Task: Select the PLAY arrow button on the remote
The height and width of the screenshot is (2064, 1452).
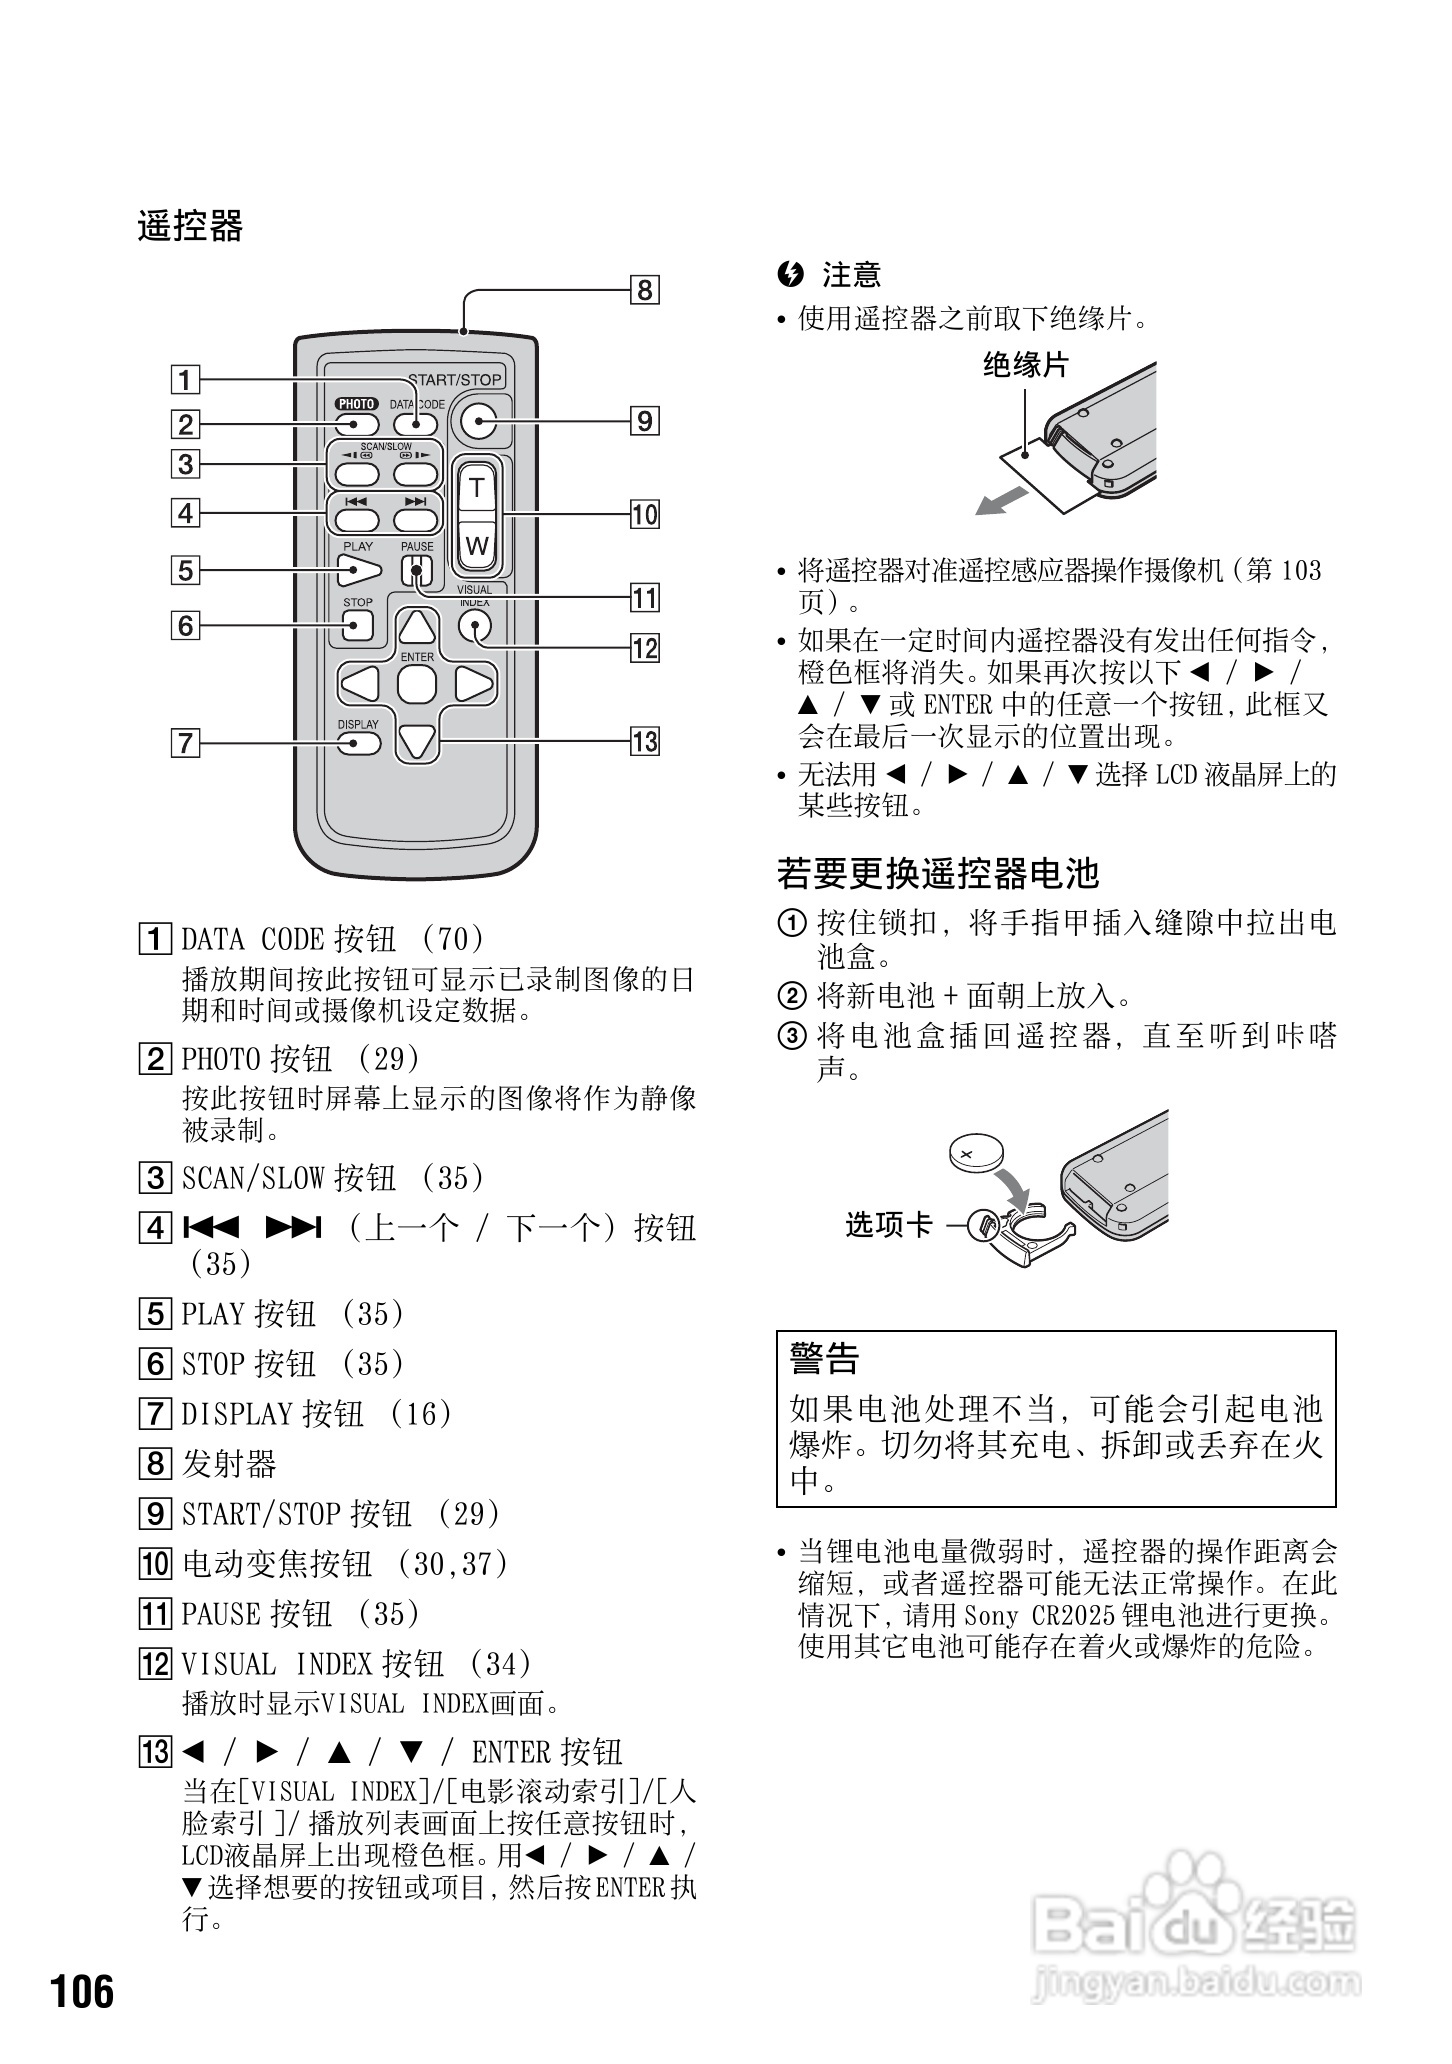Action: (358, 571)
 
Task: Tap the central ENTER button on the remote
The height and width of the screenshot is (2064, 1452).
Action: (417, 685)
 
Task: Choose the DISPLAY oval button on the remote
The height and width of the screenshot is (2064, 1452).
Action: (358, 743)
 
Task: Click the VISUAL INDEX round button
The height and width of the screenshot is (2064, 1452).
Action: (476, 626)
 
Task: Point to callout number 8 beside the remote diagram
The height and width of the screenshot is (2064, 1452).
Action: (645, 291)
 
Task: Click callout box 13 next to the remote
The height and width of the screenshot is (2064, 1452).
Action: (645, 742)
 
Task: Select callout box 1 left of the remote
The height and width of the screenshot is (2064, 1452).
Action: (185, 380)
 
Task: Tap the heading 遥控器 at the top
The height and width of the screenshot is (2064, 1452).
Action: (190, 227)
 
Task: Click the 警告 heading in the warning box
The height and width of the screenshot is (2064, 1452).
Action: (824, 1359)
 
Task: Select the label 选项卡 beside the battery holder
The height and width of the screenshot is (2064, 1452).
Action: (888, 1225)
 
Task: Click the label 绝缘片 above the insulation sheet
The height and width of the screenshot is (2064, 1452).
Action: (1025, 365)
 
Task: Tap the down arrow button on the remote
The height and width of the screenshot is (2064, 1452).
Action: (417, 741)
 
